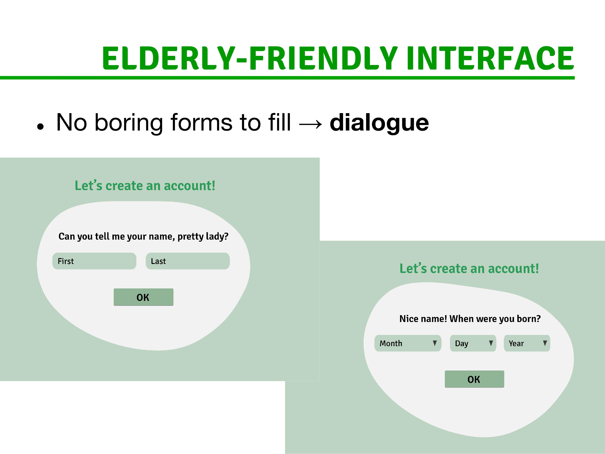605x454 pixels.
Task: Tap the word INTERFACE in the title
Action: click(490, 58)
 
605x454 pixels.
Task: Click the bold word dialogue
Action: click(379, 123)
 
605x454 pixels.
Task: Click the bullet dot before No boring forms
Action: click(40, 127)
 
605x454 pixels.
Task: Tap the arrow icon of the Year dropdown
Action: click(545, 343)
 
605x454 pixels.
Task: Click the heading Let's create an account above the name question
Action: click(145, 186)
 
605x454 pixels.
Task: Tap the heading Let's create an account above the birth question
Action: click(469, 269)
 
